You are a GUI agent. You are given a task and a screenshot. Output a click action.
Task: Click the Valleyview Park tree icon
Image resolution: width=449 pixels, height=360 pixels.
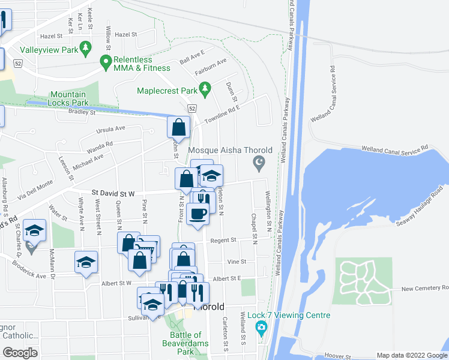coord(85,46)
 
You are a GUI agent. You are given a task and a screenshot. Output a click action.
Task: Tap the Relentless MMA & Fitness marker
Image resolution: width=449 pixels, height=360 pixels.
coord(106,60)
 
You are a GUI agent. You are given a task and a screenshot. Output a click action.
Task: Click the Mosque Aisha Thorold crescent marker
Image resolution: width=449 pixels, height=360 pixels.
coord(259,162)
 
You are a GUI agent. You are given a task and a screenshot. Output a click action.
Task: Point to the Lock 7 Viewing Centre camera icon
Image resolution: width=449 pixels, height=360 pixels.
coord(261,328)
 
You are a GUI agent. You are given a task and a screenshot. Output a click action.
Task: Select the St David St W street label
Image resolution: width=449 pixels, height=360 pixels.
coord(113,193)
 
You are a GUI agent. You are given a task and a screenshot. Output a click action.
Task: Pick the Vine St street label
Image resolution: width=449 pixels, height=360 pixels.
coord(237,262)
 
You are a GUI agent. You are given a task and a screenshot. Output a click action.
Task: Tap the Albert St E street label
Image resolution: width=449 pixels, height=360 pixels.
coord(226,278)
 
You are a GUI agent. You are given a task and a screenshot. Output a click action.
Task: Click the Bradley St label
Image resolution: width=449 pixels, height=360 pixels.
coord(82,112)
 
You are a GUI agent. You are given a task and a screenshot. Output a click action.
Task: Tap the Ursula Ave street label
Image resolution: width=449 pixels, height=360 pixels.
coord(110,129)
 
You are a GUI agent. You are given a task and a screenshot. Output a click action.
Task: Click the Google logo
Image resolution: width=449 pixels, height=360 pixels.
coord(20,353)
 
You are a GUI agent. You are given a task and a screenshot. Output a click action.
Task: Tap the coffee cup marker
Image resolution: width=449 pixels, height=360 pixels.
coord(197,213)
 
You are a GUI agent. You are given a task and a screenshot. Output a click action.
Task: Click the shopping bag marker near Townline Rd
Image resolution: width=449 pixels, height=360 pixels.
coord(178,127)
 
